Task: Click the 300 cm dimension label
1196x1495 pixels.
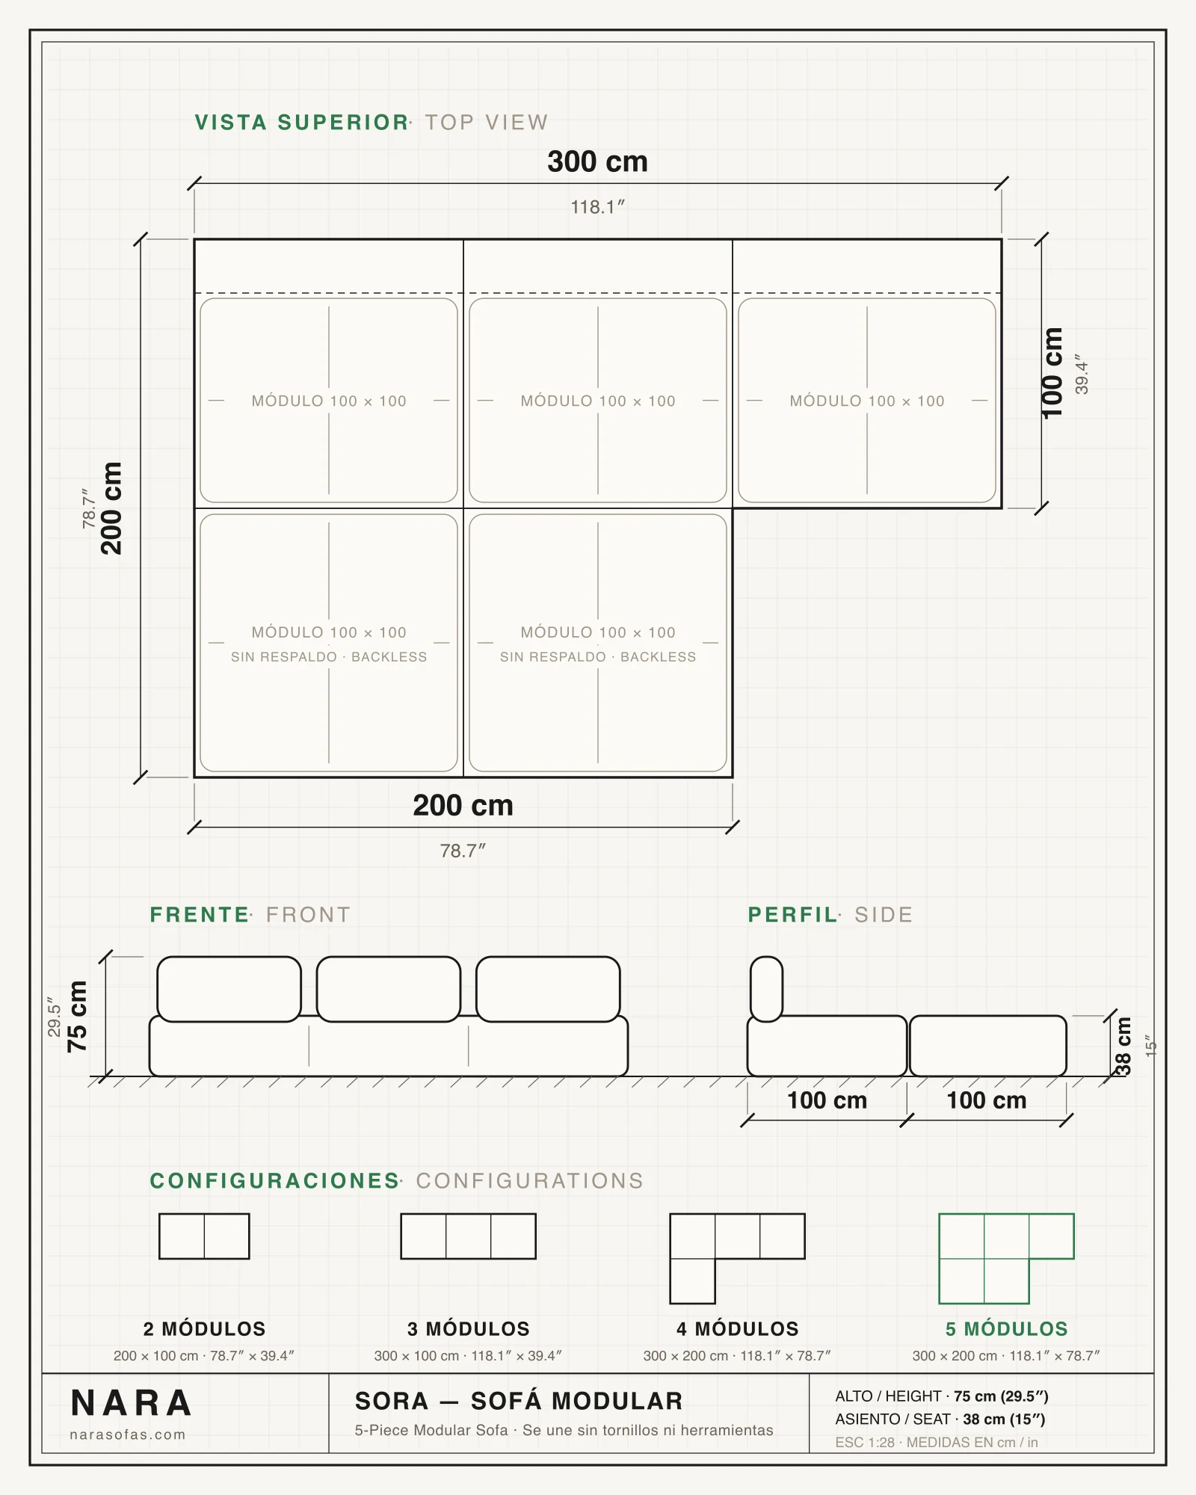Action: click(597, 161)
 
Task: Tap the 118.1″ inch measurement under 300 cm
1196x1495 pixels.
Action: click(597, 207)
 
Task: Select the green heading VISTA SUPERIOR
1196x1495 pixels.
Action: click(301, 123)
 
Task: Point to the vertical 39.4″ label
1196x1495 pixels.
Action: click(1082, 374)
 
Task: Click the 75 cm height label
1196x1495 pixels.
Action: click(77, 1016)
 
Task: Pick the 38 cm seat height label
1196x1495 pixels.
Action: click(1123, 1046)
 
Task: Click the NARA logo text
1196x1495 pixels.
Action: click(132, 1403)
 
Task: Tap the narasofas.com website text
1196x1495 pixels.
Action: click(128, 1434)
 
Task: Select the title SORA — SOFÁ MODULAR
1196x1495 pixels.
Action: click(519, 1401)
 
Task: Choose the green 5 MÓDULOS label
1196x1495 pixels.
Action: click(1006, 1329)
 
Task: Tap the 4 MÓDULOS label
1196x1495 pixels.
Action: click(738, 1329)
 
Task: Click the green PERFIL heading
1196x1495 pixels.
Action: click(793, 915)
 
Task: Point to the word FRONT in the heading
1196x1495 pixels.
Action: click(308, 915)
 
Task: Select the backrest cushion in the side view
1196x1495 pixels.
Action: click(766, 989)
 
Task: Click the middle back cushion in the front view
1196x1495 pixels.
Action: click(389, 989)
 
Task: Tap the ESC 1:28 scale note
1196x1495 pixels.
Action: click(865, 1442)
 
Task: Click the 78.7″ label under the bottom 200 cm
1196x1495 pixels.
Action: click(463, 851)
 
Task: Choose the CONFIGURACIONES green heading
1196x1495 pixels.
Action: click(274, 1181)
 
